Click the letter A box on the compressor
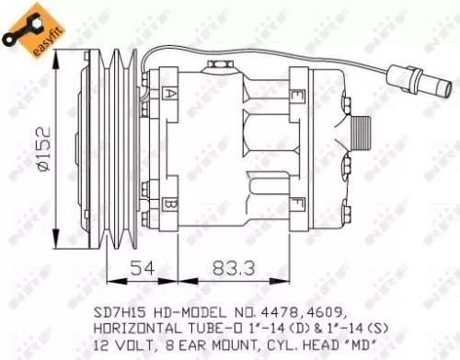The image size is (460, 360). point(170,94)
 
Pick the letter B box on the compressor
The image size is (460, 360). point(170,203)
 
